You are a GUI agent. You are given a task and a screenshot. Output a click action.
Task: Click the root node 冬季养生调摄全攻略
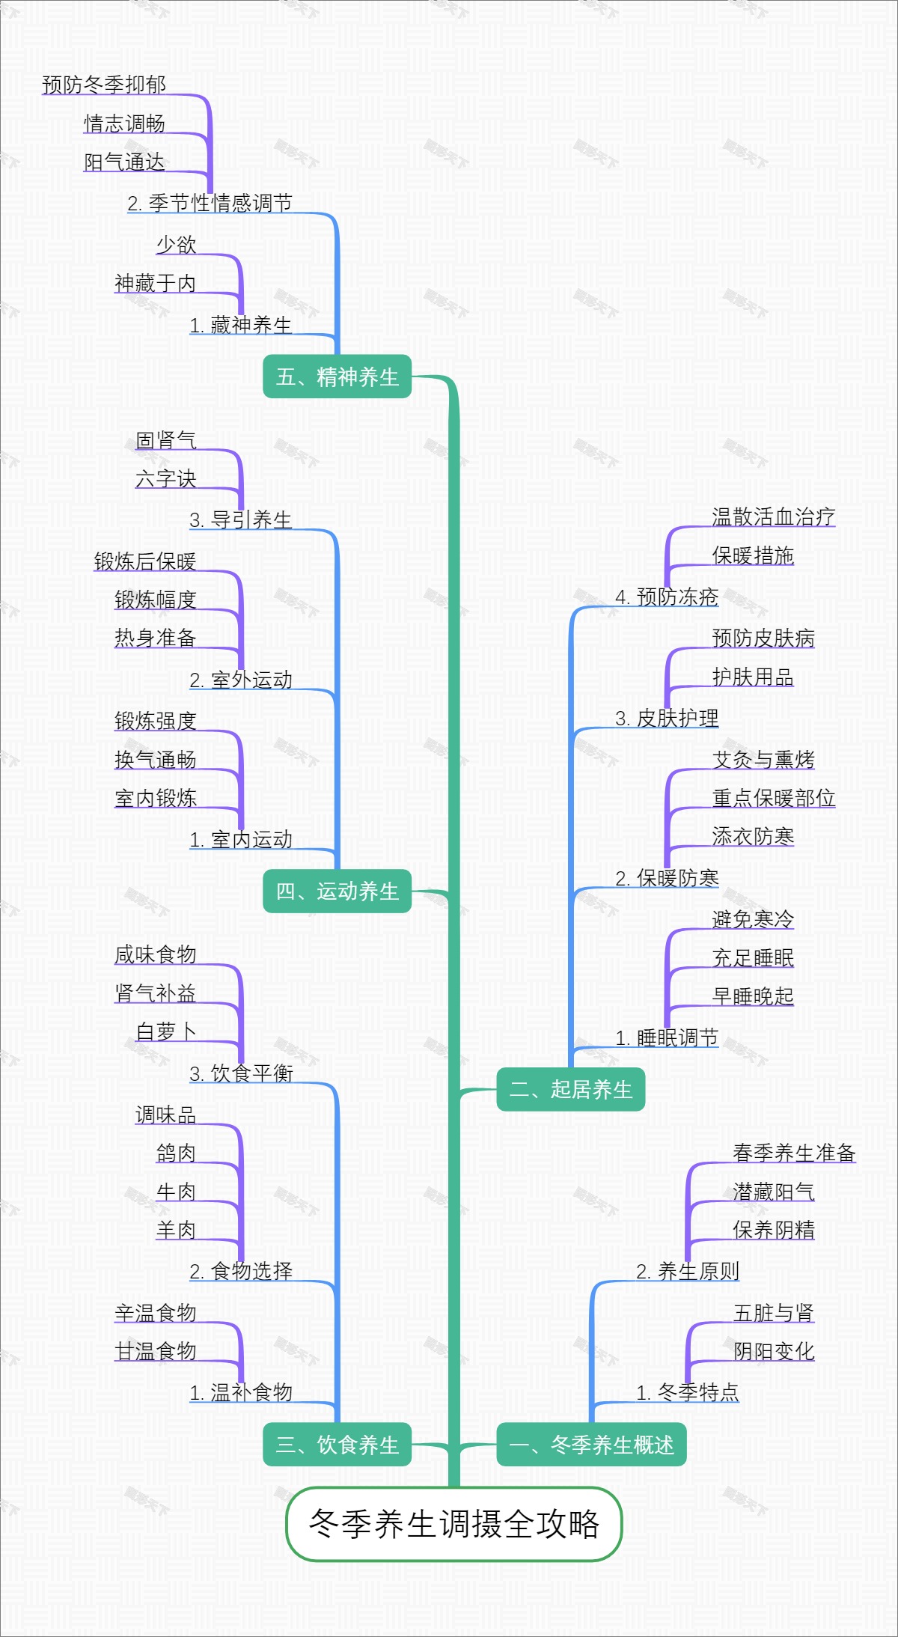click(454, 1524)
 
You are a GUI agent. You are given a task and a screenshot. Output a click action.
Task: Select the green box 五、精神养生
click(337, 377)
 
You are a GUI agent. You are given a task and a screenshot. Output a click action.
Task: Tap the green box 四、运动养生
click(337, 891)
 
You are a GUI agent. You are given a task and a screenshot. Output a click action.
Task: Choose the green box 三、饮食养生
click(337, 1444)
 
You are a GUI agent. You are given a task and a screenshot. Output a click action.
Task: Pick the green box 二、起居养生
click(570, 1089)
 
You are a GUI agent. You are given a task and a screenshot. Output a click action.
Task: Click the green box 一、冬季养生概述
click(591, 1444)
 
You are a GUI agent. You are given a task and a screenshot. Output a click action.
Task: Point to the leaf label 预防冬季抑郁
click(104, 85)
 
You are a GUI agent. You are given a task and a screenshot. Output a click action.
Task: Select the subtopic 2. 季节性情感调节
click(210, 203)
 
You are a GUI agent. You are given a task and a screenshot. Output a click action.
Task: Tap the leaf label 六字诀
click(165, 479)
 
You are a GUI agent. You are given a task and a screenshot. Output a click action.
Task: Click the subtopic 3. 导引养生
click(240, 519)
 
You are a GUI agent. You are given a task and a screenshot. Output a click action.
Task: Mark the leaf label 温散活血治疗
click(773, 516)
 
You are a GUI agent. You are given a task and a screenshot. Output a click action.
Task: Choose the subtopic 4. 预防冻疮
click(667, 597)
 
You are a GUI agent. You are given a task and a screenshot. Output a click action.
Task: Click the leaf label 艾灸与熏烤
click(763, 760)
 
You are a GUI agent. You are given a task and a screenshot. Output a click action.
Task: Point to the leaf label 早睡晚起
click(753, 996)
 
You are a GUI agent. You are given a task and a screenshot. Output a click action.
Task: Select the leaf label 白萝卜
click(165, 1031)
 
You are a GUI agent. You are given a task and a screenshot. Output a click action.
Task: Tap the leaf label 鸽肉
click(176, 1153)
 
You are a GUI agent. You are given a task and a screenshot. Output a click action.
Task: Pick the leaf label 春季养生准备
click(794, 1153)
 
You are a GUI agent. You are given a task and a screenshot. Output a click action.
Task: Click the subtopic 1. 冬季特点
click(688, 1392)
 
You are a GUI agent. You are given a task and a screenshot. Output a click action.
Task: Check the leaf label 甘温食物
click(155, 1351)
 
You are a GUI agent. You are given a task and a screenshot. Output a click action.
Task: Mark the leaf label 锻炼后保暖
click(144, 561)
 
